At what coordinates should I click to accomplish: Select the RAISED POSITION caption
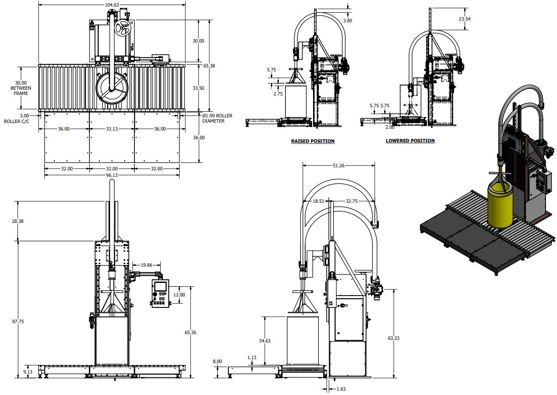[313, 141]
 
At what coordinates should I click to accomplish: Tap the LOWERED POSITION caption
[410, 141]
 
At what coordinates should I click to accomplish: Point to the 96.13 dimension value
[112, 174]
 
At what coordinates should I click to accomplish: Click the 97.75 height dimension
[18, 321]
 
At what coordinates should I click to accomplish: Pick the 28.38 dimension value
[18, 221]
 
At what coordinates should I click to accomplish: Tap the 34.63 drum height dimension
[264, 340]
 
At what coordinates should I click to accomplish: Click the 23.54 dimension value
[465, 19]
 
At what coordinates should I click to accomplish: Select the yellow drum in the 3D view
[500, 206]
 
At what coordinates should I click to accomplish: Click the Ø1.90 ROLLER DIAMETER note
[217, 118]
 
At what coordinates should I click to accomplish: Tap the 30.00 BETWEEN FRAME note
[21, 88]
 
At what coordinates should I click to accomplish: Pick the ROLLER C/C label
[17, 121]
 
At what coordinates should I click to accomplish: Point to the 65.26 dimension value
[190, 332]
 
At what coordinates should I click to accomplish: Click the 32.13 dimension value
[112, 129]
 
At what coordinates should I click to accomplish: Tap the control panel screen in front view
[161, 286]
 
